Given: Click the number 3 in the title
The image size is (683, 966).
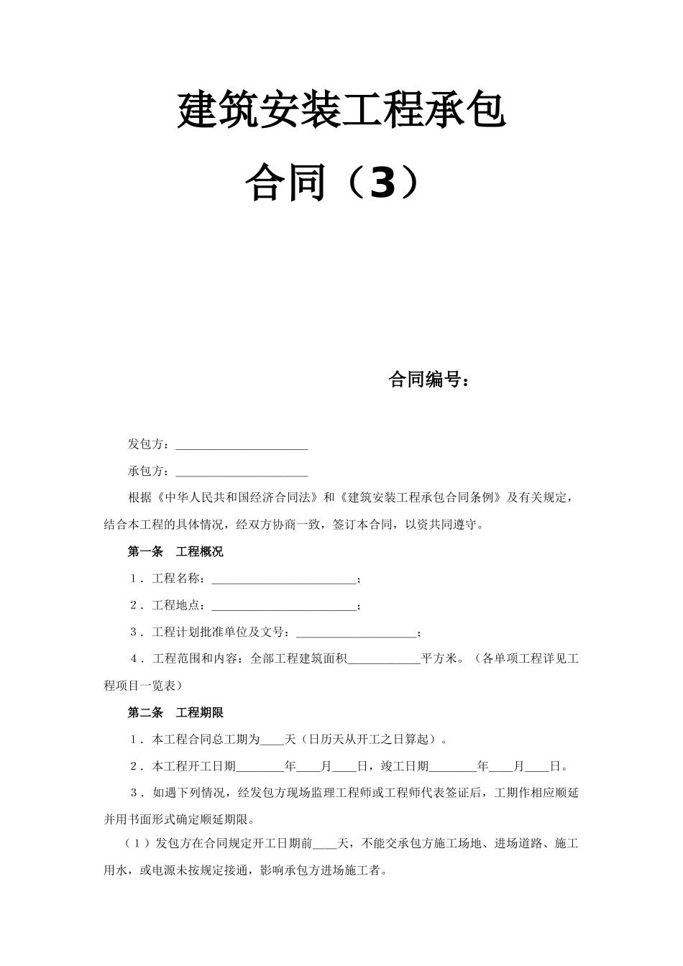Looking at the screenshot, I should tap(381, 183).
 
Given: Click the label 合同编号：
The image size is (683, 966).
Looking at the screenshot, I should tap(430, 379).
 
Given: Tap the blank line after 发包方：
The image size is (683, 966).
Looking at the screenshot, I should tap(242, 446).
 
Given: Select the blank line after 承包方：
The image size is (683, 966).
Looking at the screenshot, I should tap(242, 472).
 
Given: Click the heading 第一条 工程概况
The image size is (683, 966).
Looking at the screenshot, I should tap(175, 552).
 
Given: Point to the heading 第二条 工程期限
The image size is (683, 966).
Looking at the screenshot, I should tap(175, 712).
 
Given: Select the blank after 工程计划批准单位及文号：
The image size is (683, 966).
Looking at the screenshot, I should tap(356, 632).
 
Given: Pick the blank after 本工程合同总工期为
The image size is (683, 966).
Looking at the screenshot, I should tap(272, 739).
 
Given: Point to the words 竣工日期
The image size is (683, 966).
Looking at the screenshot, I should tap(405, 766).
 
